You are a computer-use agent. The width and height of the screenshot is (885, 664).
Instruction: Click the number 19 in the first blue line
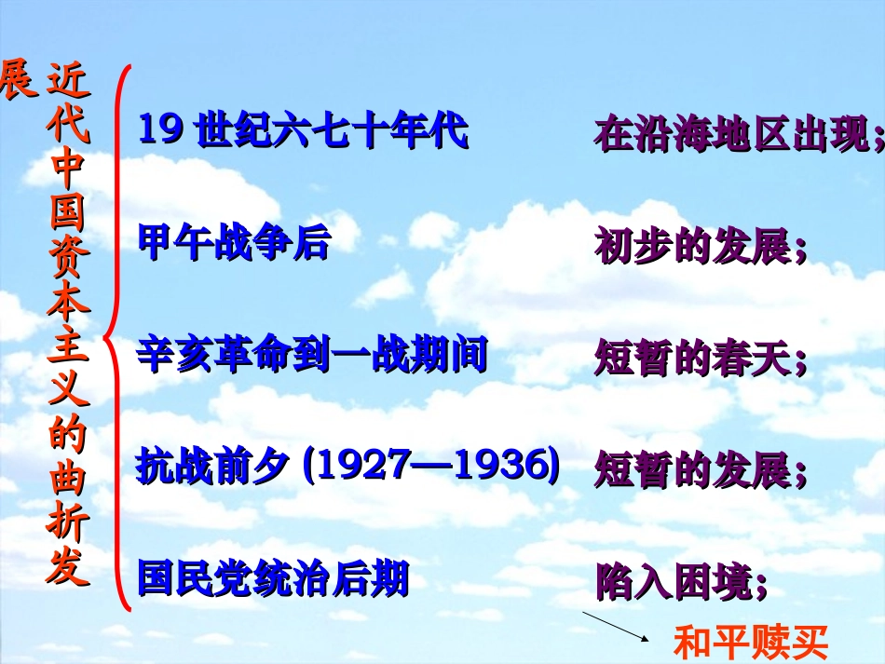tap(158, 130)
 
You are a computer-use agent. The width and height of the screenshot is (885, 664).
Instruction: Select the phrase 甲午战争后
tap(234, 243)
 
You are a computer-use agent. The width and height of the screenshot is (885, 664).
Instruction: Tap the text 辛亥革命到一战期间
tap(312, 356)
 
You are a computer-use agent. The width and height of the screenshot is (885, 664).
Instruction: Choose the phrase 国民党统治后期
tap(273, 578)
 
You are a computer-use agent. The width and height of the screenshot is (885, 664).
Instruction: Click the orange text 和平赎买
tap(750, 643)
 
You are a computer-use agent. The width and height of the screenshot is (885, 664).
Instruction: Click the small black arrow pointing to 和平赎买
tap(616, 627)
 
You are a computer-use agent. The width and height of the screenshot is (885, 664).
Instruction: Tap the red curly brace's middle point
tap(110, 337)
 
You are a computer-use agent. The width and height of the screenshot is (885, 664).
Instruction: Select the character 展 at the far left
tap(19, 80)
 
